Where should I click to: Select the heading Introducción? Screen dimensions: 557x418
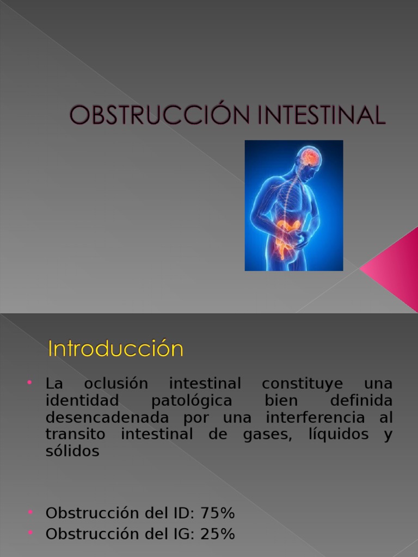tap(115, 349)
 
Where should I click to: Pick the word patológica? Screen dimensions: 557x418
tap(192, 401)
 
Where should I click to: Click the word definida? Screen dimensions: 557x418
tap(361, 401)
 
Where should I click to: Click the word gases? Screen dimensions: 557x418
tap(267, 435)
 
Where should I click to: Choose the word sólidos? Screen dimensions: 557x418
tap(72, 451)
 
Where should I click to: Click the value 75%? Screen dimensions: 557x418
tap(218, 513)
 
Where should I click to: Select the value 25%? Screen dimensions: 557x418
tap(218, 534)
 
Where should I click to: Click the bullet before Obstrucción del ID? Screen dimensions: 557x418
tap(30, 512)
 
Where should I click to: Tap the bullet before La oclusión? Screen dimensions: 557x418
tap(30, 383)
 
